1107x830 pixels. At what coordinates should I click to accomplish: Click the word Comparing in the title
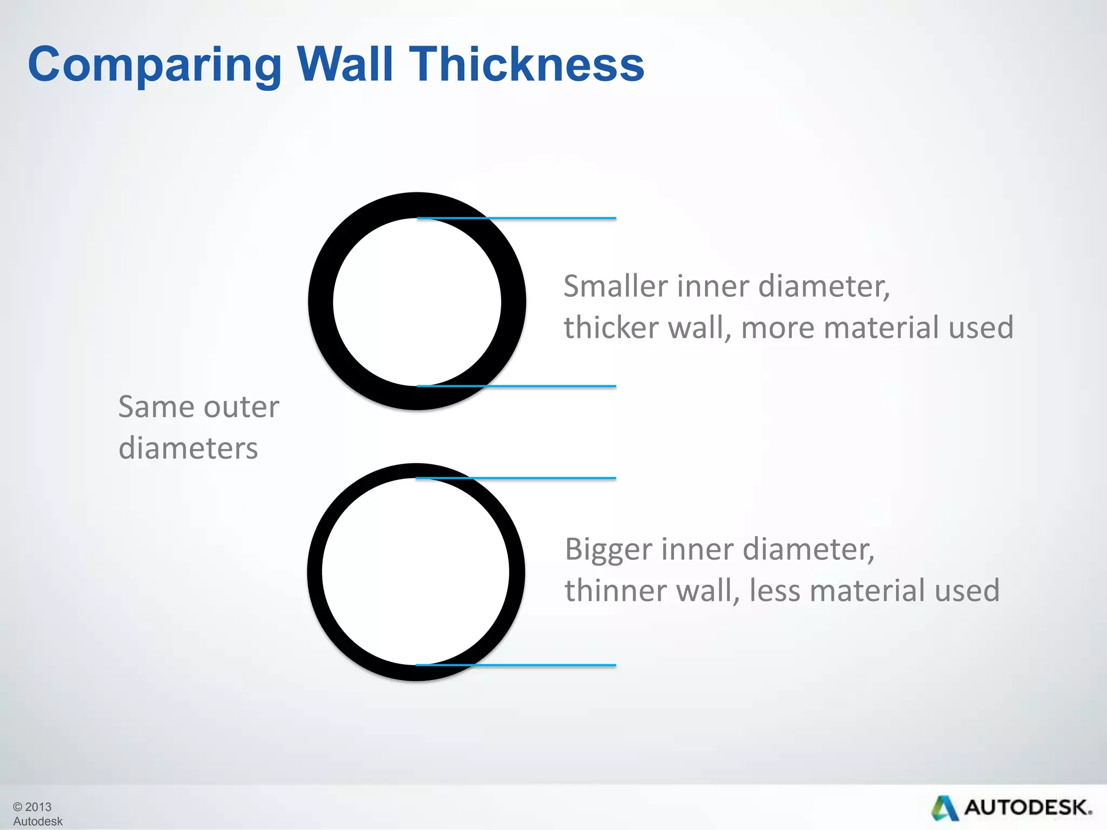click(155, 65)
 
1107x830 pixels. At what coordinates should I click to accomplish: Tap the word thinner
click(614, 590)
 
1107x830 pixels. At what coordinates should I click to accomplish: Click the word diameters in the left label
click(188, 449)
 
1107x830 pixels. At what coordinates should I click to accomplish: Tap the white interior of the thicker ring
click(417, 302)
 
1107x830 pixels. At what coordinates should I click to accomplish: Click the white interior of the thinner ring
click(416, 572)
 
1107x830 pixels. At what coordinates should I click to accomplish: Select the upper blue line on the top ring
click(551, 218)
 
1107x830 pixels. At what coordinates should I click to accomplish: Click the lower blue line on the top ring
click(551, 386)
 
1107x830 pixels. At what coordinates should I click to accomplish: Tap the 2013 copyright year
click(38, 807)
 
